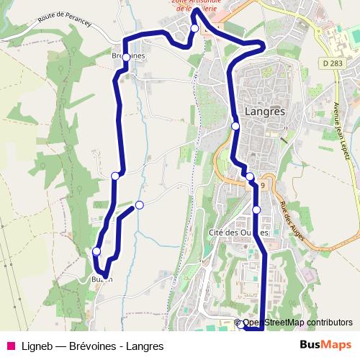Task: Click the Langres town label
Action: click(265, 112)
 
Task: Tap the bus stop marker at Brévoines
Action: click(126, 57)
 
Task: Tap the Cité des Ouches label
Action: click(238, 233)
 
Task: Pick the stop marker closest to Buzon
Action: click(96, 251)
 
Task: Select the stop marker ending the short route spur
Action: click(140, 205)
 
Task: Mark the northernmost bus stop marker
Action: click(194, 28)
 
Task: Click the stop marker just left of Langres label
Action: click(235, 126)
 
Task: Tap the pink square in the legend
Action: click(10, 346)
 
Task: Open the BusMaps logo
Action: click(325, 345)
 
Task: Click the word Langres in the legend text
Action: click(145, 346)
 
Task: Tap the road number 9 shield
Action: click(264, 185)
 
